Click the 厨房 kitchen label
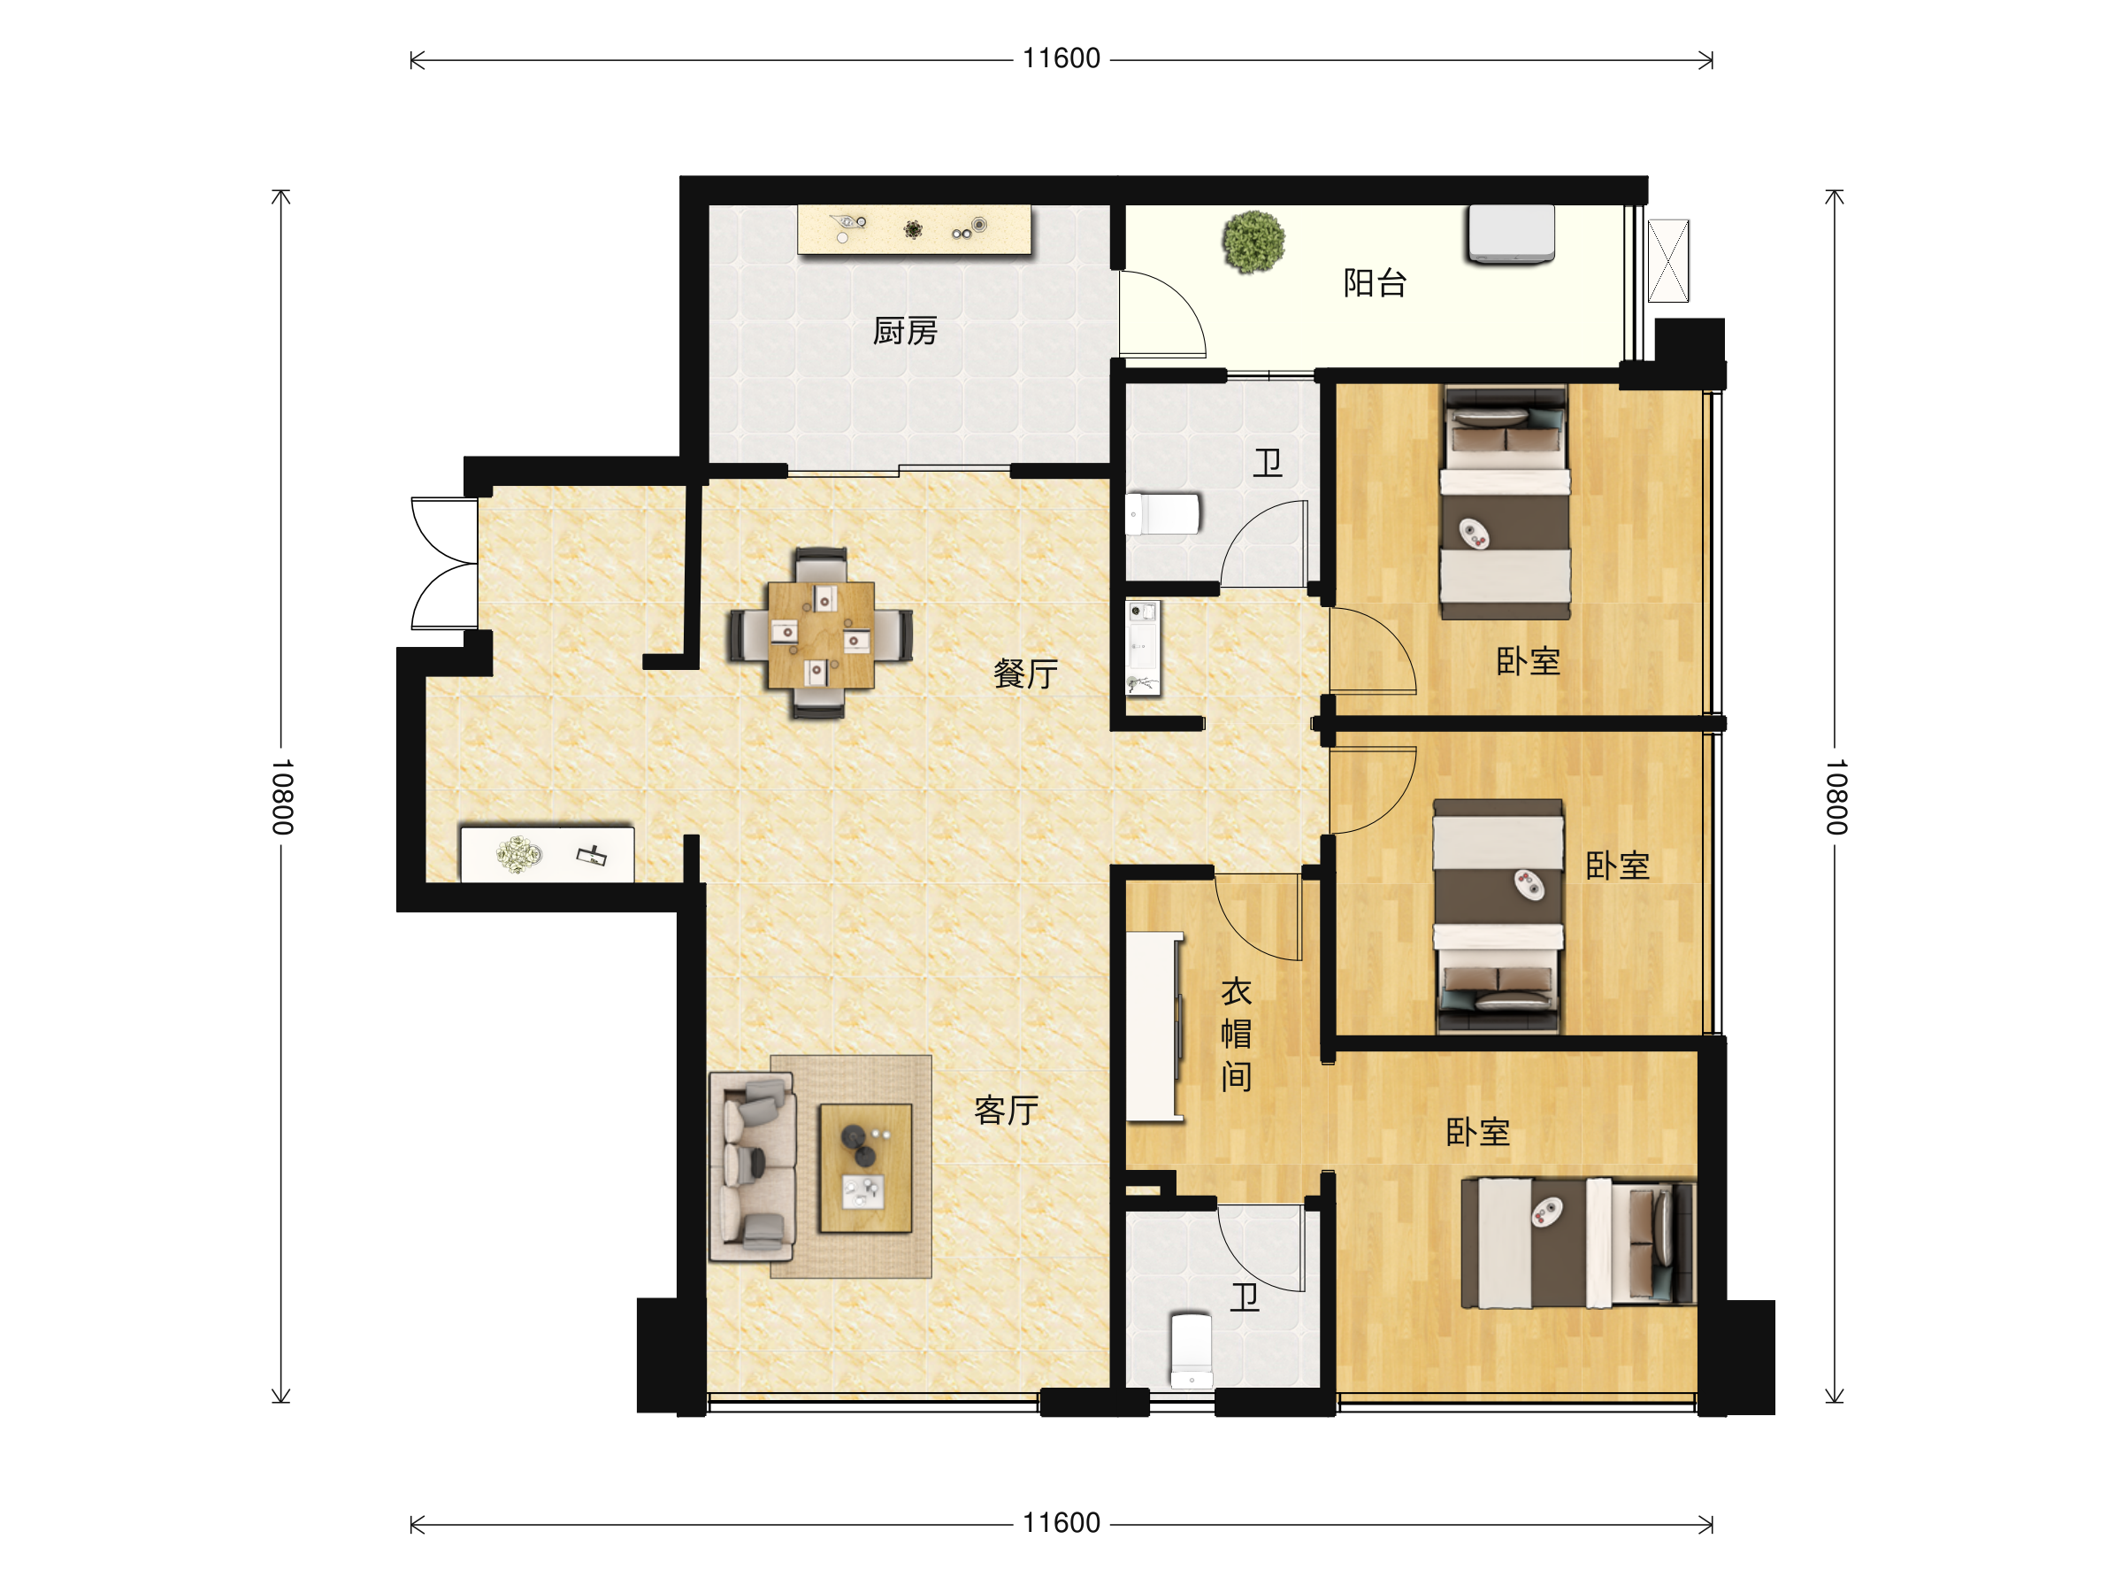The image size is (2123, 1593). pos(904,331)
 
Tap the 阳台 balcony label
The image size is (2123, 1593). pos(1375,282)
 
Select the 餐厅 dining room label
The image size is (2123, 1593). pos(1025,673)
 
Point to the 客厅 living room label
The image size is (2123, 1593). pos(1006,1110)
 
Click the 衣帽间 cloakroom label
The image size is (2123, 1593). pos(1236,1035)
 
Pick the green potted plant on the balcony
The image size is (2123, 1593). pos(1253,242)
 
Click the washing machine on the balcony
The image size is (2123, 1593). pos(1511,234)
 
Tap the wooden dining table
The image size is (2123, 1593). pos(821,635)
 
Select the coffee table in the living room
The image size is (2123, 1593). pos(865,1167)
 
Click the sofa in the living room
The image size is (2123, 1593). pos(752,1166)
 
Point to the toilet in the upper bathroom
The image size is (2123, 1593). pos(1162,513)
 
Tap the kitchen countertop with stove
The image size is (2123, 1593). pos(914,229)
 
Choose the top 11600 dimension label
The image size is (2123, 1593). pos(1061,58)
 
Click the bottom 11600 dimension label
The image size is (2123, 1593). pos(1061,1523)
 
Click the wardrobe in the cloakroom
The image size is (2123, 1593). pos(1154,1027)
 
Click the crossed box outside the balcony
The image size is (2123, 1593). pos(1668,261)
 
